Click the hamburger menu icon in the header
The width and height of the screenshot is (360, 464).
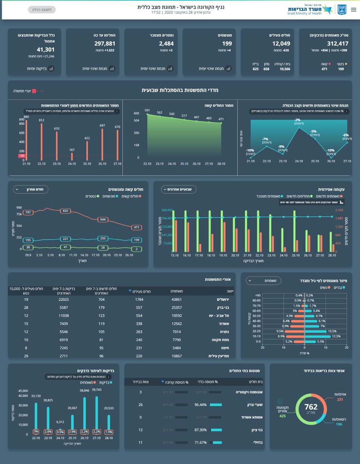click(x=353, y=10)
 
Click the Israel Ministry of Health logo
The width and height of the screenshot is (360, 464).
click(x=310, y=10)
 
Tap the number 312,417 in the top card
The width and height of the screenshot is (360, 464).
click(x=338, y=43)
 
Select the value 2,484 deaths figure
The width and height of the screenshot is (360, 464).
click(x=166, y=43)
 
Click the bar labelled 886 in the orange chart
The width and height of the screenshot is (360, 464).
click(x=26, y=140)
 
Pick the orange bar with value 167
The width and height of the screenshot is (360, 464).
click(x=72, y=156)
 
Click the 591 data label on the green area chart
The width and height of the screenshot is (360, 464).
click(x=147, y=110)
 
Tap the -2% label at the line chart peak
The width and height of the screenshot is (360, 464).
click(x=297, y=120)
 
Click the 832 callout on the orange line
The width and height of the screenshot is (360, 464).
click(x=65, y=211)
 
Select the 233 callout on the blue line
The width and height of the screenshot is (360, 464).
click(x=103, y=238)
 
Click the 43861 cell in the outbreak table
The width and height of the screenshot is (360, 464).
click(x=177, y=299)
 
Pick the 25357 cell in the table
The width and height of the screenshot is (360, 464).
click(x=177, y=307)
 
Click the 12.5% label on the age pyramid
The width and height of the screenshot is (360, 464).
click(x=336, y=336)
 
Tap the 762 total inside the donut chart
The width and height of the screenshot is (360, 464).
click(x=311, y=407)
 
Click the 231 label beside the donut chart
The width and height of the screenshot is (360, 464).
click(x=340, y=399)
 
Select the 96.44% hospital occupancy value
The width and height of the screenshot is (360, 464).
click(x=201, y=405)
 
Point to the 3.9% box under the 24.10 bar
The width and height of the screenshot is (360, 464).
click(x=60, y=432)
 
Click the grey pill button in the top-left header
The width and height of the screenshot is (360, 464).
click(x=42, y=10)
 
